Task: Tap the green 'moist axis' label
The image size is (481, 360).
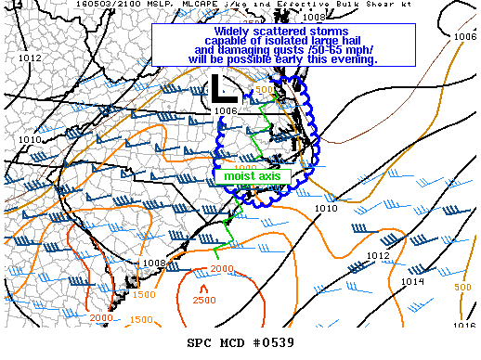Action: tap(253, 174)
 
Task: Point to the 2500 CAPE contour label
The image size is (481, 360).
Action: tap(204, 300)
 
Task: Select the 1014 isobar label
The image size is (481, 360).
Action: tap(412, 281)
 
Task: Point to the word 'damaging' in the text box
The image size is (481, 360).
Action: tap(243, 50)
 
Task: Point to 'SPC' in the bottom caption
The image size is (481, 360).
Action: tap(201, 343)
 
